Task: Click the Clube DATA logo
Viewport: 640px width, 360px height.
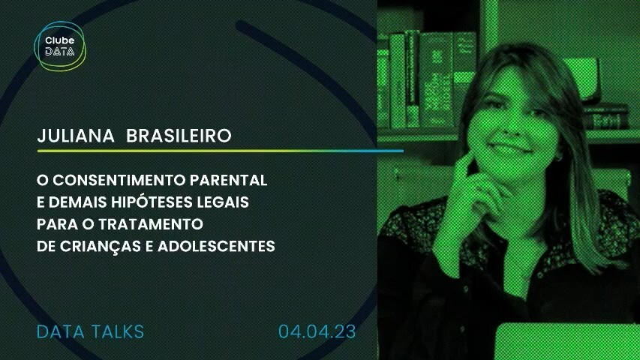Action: pos(60,46)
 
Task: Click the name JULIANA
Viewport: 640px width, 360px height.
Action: pos(76,136)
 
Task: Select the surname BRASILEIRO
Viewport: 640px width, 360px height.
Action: pos(179,136)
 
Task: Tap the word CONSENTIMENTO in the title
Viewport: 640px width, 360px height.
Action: pos(119,180)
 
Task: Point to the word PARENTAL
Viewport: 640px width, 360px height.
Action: pos(229,180)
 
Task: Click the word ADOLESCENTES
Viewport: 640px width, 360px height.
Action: pos(216,246)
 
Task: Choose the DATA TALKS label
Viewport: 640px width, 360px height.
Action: pos(90,331)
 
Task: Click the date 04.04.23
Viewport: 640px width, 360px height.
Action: pos(317,331)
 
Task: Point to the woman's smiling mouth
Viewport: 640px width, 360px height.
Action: pos(509,147)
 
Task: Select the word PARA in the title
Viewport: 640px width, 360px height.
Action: pos(52,224)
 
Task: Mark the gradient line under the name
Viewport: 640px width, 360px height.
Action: pos(221,151)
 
